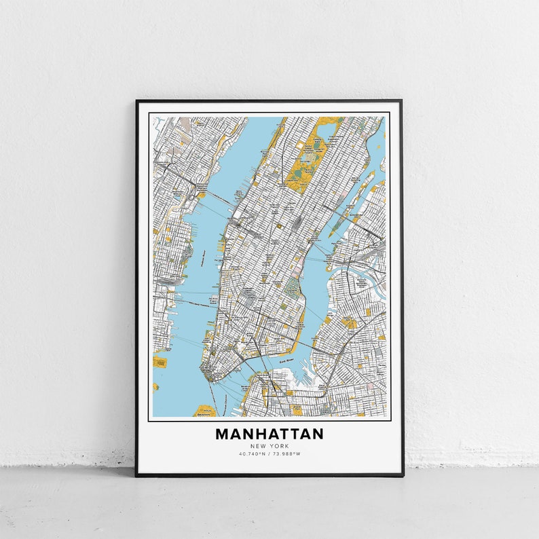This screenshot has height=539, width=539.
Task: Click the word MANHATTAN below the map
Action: (269, 434)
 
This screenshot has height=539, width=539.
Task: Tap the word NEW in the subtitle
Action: (258, 446)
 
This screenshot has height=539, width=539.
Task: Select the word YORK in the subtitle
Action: (279, 446)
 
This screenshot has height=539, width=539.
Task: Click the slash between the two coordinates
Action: (269, 453)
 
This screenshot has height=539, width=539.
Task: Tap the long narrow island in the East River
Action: (353, 204)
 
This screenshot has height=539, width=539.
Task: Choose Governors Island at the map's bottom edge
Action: (204, 411)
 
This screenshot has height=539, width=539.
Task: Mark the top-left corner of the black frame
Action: (136, 101)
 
